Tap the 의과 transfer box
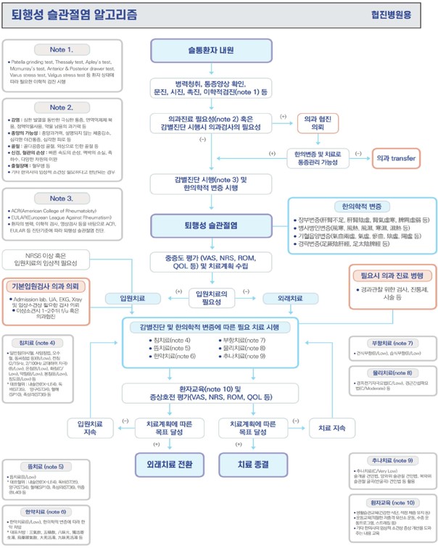tap(400, 157)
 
